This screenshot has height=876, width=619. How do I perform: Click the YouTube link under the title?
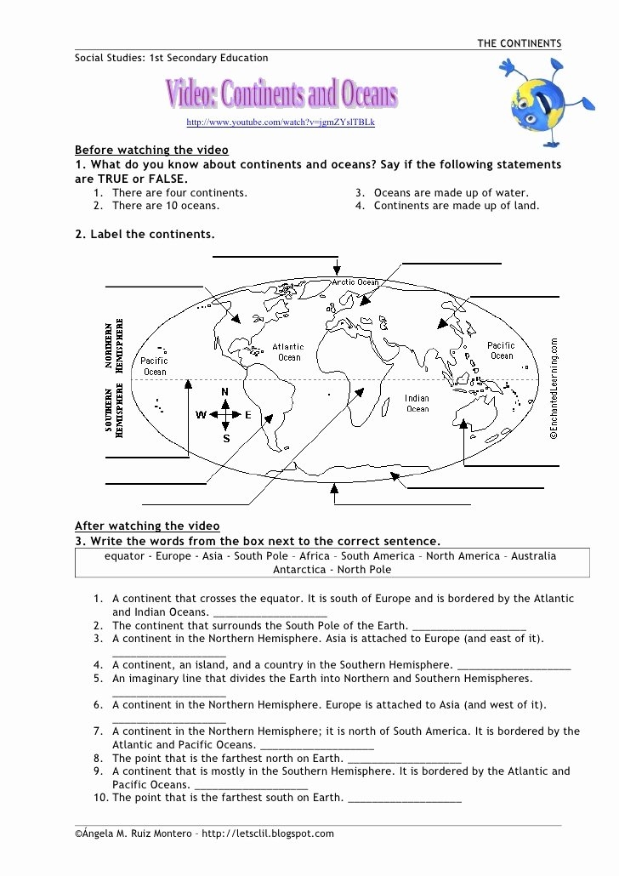280,122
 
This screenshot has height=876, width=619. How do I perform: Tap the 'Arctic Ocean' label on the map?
355,282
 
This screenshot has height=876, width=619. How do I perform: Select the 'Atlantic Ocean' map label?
289,352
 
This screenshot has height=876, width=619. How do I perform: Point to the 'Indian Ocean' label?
417,403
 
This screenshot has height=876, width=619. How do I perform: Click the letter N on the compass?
225,391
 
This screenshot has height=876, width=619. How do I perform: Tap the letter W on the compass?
202,415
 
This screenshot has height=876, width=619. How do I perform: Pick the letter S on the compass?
226,439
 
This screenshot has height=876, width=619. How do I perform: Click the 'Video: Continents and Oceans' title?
281,95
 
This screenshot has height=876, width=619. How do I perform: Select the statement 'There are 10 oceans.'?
165,206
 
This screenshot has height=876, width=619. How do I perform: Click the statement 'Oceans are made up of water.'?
451,193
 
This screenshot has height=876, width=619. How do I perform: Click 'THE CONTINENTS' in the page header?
519,43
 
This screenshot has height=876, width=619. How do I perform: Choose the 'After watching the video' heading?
147,526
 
